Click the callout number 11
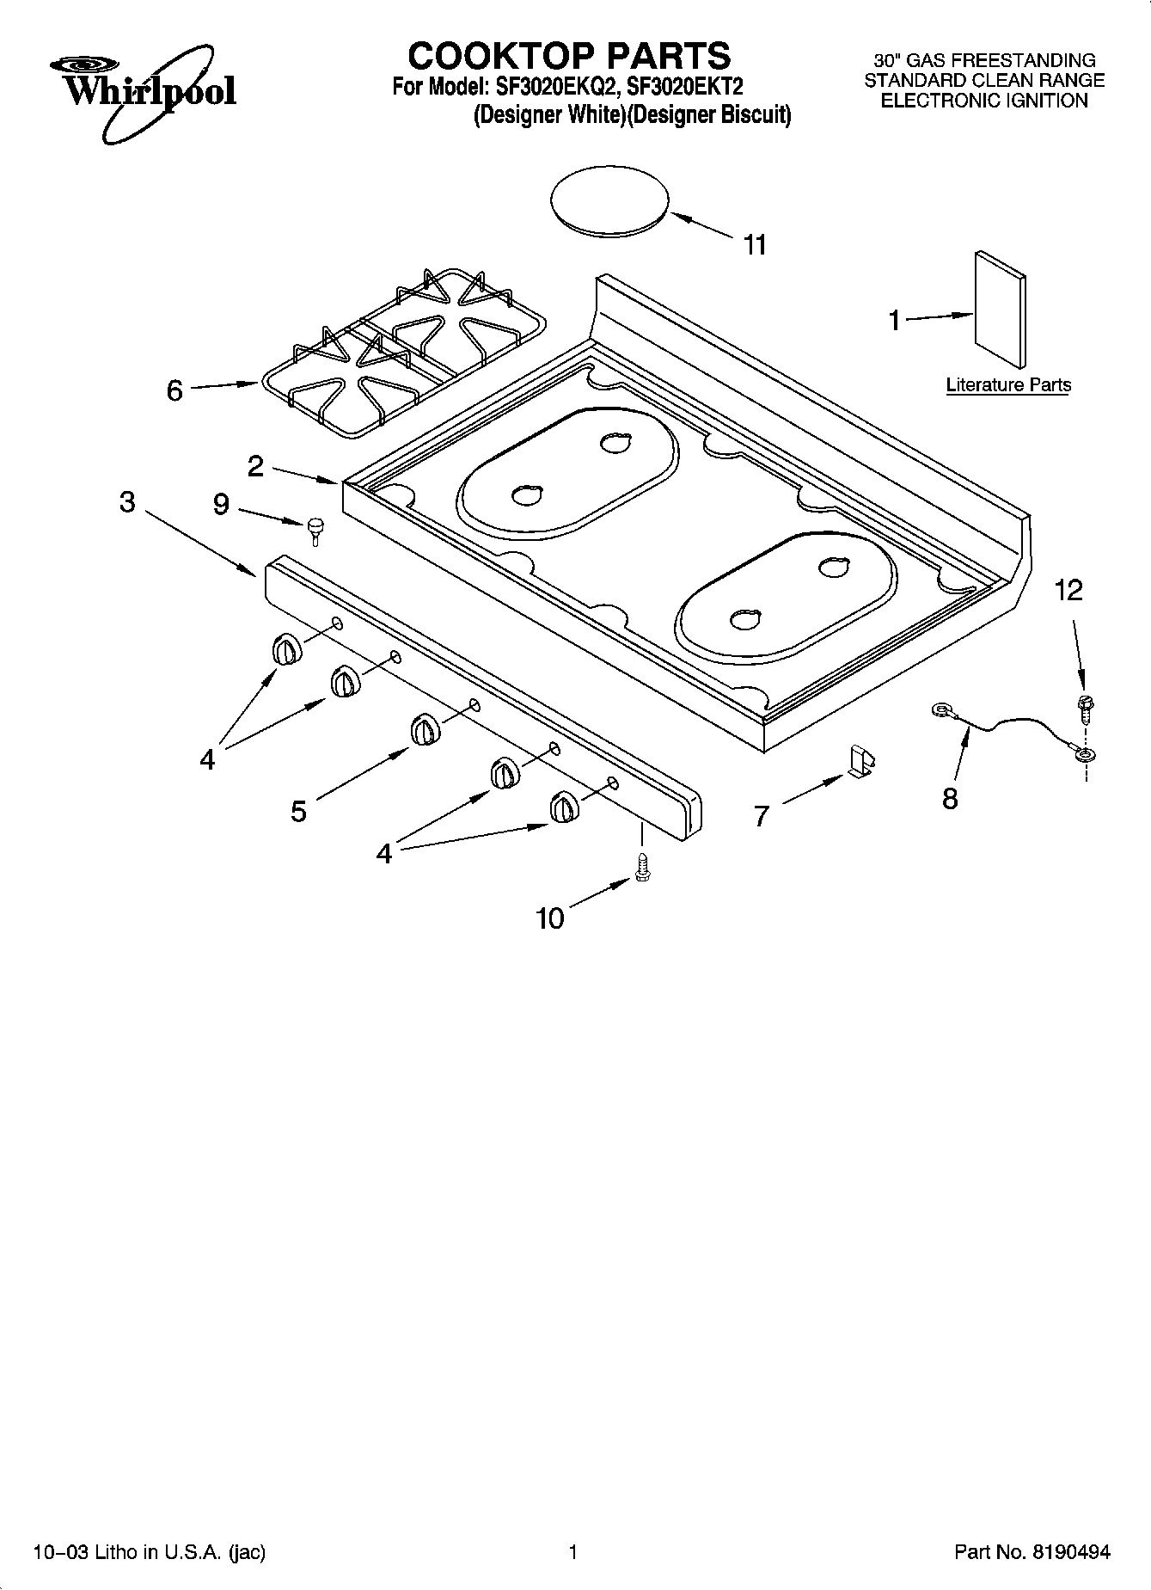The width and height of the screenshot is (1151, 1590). tap(754, 246)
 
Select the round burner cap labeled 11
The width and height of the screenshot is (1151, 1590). tap(609, 203)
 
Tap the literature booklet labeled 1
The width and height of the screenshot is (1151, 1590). tap(1000, 310)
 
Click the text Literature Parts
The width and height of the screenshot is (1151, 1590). tap(1008, 385)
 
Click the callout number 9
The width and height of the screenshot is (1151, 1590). tap(221, 505)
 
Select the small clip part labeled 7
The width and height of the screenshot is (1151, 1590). tap(861, 761)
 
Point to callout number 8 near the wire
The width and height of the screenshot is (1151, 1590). tap(950, 799)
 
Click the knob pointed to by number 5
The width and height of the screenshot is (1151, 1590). tap(426, 729)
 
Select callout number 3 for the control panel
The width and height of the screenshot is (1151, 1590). tap(127, 502)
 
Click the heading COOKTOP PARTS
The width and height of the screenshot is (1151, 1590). tap(568, 56)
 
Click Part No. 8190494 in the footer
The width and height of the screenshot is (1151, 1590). tap(1032, 1552)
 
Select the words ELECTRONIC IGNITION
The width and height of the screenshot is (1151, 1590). tap(984, 101)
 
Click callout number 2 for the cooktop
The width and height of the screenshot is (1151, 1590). tap(255, 467)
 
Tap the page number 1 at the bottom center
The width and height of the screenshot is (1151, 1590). tap(572, 1552)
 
